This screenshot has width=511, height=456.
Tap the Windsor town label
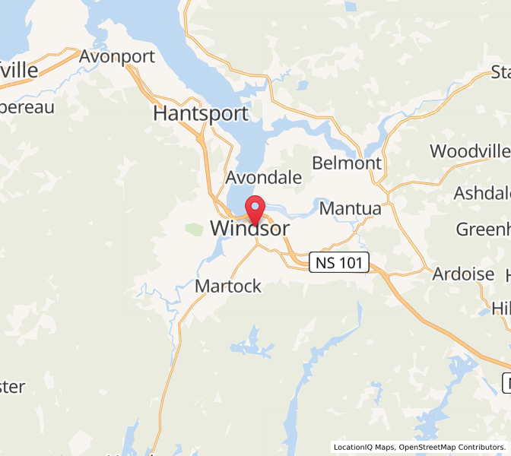(x=249, y=228)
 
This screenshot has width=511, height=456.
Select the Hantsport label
(x=201, y=114)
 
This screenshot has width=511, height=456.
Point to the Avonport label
(x=117, y=56)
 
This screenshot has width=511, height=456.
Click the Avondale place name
(x=264, y=178)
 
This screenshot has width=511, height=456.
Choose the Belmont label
(x=347, y=163)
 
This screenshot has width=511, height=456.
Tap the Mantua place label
(x=351, y=208)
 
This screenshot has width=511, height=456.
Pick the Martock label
(x=228, y=287)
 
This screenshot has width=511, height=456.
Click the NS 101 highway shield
(x=339, y=264)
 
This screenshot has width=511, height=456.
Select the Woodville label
(x=470, y=151)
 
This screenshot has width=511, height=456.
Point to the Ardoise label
(x=464, y=274)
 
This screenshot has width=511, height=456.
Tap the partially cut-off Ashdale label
(x=482, y=193)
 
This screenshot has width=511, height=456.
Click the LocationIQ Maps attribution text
(x=363, y=447)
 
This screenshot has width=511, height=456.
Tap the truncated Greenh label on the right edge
(x=483, y=229)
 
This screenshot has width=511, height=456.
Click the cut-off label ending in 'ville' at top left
(x=18, y=71)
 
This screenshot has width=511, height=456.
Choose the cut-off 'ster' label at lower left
(x=12, y=386)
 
